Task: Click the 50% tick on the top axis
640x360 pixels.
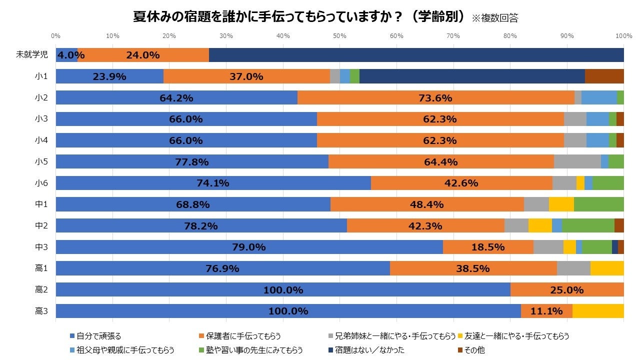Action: point(339,36)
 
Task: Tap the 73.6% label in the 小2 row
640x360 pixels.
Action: point(435,98)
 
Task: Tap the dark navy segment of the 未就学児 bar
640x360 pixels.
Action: point(416,55)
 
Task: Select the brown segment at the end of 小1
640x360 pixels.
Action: point(604,76)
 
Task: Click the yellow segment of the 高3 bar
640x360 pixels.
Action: point(598,311)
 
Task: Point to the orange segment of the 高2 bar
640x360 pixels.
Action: point(567,290)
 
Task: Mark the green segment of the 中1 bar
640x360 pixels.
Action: point(598,204)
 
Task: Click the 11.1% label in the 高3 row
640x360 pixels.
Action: point(546,311)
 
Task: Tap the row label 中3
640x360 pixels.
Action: point(41,247)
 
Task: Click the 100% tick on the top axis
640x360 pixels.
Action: point(623,36)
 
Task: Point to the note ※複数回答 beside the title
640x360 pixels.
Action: point(495,18)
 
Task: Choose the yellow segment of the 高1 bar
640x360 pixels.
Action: point(607,268)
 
